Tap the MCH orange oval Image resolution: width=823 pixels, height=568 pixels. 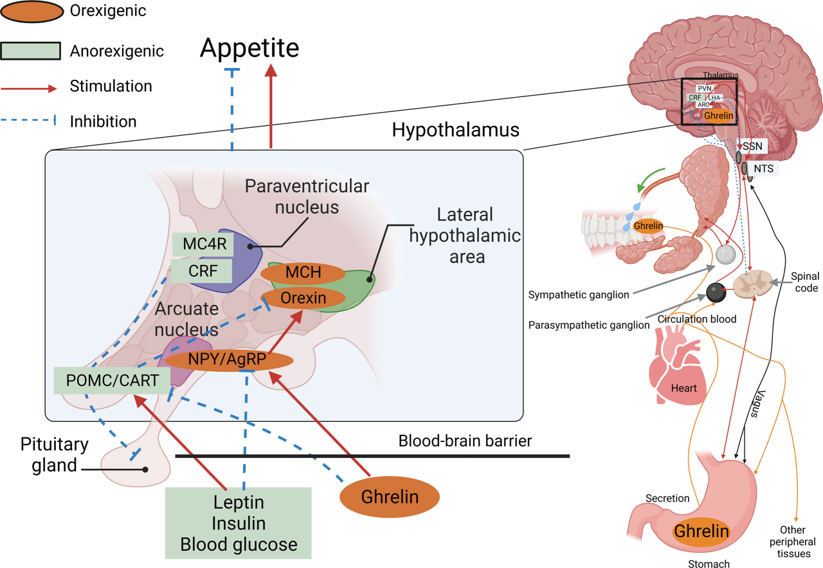point(303,273)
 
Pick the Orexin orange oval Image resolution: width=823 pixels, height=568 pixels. point(303,298)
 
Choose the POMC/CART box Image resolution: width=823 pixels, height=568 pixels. point(112,380)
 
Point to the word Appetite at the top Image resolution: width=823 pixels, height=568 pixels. point(249,48)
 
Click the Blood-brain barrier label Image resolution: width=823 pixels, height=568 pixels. point(465,441)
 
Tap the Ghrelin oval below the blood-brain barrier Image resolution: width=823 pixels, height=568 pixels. point(390,497)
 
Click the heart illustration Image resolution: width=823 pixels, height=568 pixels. point(676,373)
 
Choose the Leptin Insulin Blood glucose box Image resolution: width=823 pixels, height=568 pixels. point(239,523)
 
